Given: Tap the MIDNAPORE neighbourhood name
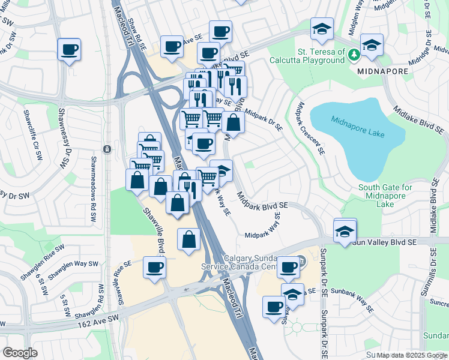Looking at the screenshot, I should (383, 71).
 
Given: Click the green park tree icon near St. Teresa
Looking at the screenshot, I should (354, 55).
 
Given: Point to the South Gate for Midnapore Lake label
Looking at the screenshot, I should (385, 196).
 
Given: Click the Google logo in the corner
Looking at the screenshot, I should (20, 353).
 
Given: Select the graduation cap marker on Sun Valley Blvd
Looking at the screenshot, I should (345, 231).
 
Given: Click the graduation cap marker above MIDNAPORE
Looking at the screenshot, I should (372, 46).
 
